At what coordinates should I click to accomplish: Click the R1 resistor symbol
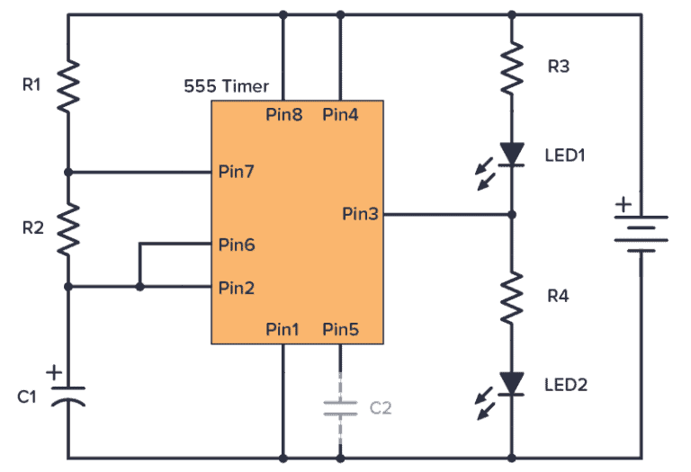click(68, 86)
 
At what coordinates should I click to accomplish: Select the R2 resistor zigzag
click(68, 228)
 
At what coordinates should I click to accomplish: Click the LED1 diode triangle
click(512, 155)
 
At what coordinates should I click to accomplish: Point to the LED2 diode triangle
click(512, 384)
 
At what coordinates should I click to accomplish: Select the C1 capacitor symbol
click(68, 396)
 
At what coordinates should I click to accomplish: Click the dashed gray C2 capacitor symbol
click(340, 407)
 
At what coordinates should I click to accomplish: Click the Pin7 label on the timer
click(237, 172)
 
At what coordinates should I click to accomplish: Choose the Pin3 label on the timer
click(361, 215)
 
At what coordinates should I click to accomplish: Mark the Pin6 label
click(237, 245)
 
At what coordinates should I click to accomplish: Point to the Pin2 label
click(237, 288)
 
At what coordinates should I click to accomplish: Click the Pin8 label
click(284, 115)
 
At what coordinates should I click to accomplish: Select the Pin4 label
click(341, 115)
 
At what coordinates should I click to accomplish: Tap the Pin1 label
click(284, 329)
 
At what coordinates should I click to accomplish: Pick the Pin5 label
click(341, 329)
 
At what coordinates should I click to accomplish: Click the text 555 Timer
click(227, 87)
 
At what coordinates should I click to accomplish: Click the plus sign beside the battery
click(622, 206)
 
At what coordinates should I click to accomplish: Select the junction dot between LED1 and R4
click(512, 215)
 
